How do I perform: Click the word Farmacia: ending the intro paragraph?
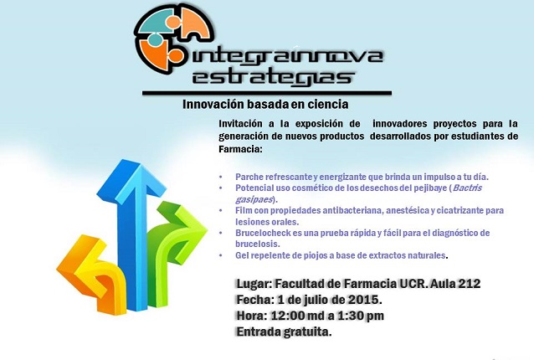[241, 149]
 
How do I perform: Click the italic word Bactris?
[467, 188]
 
